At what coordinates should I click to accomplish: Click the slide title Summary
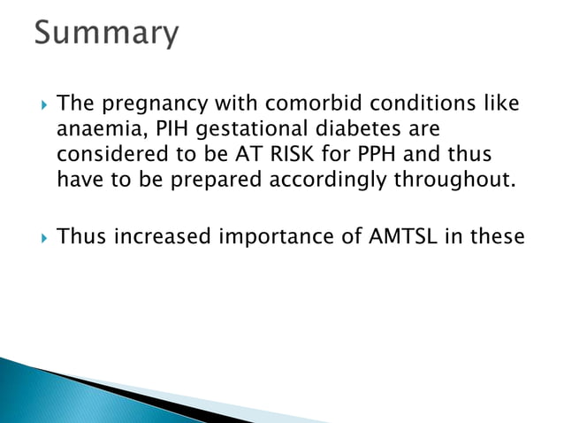coord(106,34)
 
